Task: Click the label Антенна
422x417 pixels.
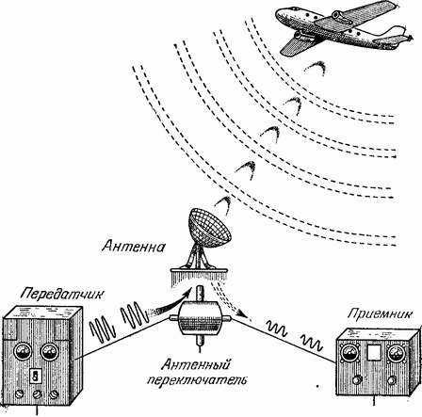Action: [133, 246]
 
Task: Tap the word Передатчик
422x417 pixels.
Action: [61, 294]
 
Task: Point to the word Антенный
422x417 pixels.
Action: [196, 365]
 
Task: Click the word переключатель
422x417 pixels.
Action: [197, 380]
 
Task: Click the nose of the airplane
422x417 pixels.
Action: [278, 15]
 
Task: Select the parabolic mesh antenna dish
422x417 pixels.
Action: [209, 227]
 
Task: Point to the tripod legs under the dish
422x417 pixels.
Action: [199, 258]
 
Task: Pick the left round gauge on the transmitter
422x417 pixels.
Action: [24, 352]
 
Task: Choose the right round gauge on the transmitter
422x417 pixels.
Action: [50, 352]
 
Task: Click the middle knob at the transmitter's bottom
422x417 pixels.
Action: [38, 394]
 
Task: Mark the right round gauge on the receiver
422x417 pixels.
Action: [396, 354]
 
